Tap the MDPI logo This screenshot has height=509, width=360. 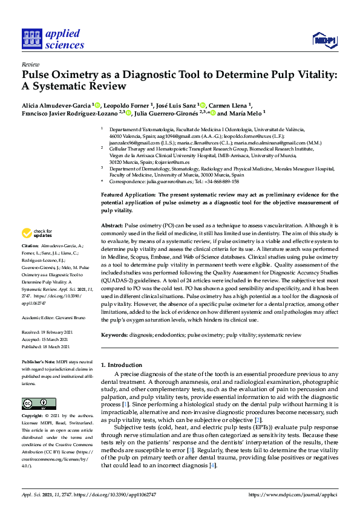(x=324, y=41)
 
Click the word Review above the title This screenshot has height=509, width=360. (x=30, y=64)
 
